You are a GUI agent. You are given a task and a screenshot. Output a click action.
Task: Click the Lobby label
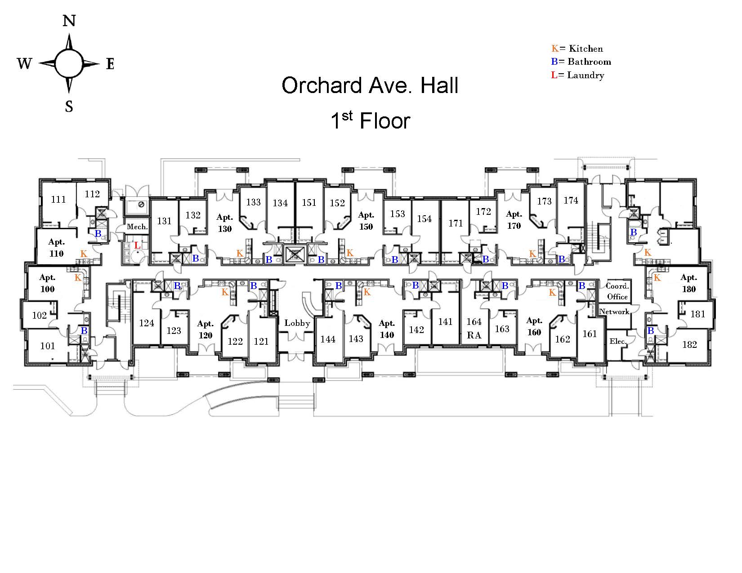coord(297,323)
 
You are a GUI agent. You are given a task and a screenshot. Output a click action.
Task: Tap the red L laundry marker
coord(138,246)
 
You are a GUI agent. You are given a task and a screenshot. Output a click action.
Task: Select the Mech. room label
coord(137,227)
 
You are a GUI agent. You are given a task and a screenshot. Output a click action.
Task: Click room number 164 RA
coord(474,329)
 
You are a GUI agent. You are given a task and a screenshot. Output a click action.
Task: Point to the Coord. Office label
coord(617,291)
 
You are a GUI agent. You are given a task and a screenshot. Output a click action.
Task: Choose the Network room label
coord(614,312)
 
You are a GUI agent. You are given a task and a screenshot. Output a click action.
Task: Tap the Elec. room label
coord(618,342)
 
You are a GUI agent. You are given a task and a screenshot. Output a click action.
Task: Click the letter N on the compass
coord(69,21)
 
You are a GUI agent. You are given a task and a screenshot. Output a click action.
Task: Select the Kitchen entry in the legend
coord(577,49)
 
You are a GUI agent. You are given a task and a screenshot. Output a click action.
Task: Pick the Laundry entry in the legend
coord(578,75)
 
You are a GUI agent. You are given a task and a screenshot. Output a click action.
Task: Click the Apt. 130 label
coord(225,223)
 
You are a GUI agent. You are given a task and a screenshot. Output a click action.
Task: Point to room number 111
coord(58,200)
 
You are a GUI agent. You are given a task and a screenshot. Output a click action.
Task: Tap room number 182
coord(689,345)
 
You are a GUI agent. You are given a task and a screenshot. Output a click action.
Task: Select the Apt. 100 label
coord(47,283)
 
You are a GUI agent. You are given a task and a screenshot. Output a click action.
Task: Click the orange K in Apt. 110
coord(84,254)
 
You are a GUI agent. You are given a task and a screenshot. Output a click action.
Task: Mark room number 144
coord(328,339)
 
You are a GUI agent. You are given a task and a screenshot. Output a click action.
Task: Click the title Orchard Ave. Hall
coord(370,85)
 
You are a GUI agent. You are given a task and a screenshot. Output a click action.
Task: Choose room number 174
coord(571,200)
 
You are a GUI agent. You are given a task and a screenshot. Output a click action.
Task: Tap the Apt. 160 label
coord(534,326)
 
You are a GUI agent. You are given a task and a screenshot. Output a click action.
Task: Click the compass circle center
coord(69,63)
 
